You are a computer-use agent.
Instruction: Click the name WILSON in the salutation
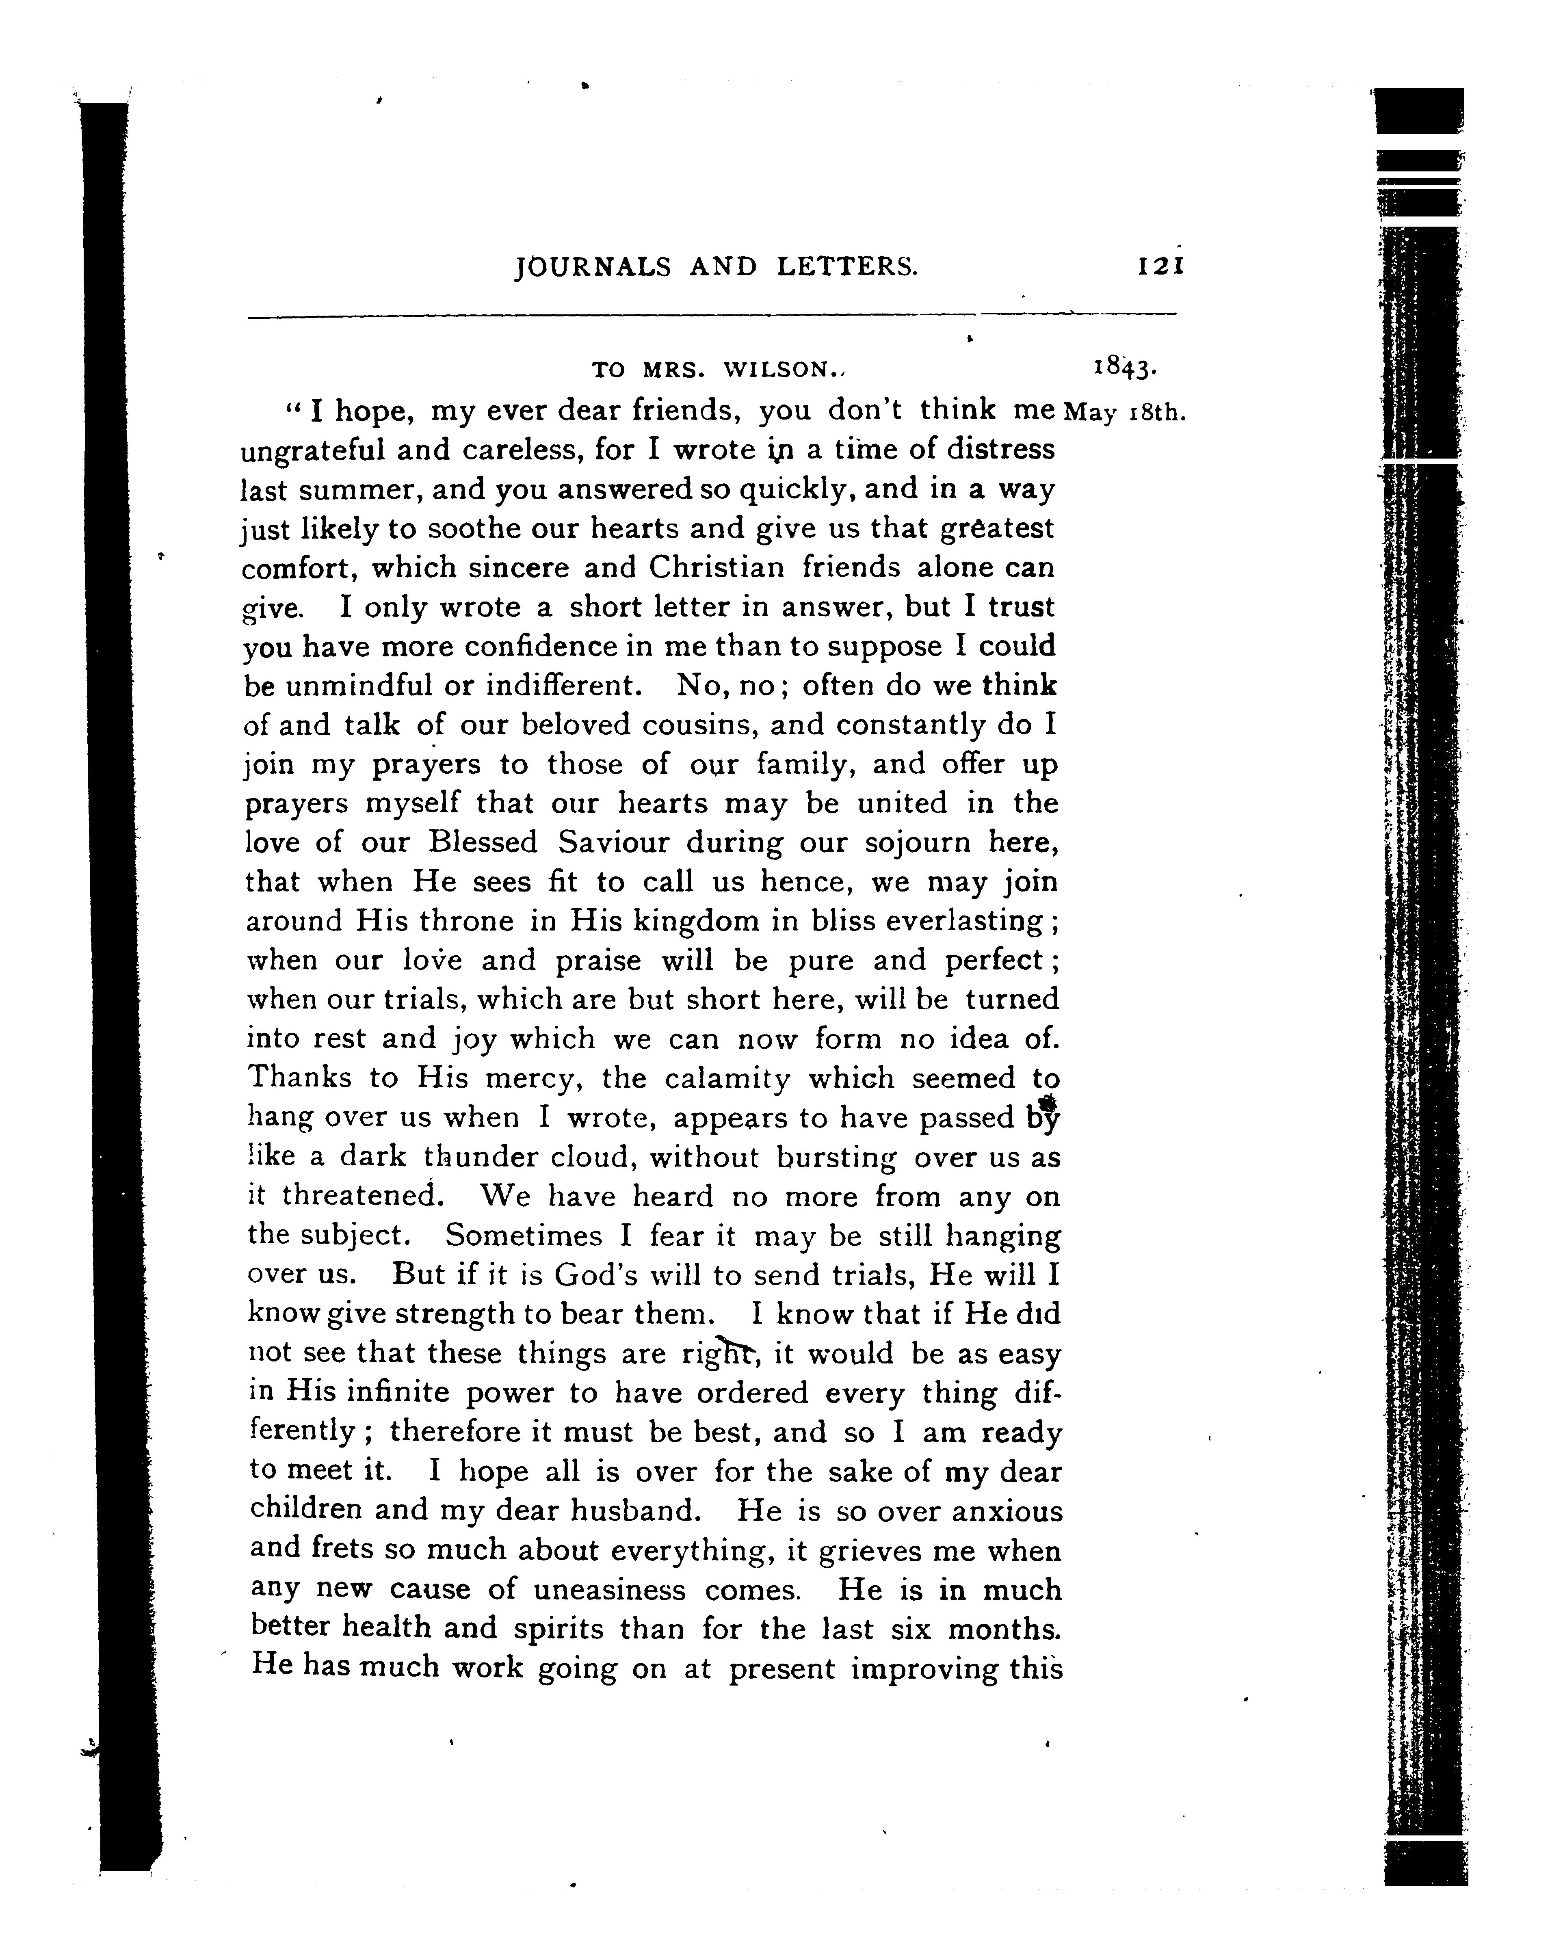(x=780, y=369)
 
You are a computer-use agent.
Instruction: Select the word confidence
(x=539, y=647)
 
